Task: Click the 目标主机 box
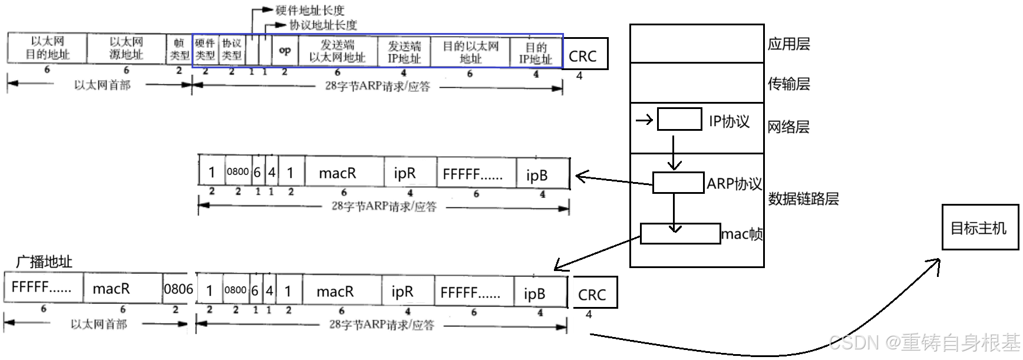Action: pyautogui.click(x=980, y=227)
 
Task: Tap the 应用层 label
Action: pyautogui.click(x=788, y=44)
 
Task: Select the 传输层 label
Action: pyautogui.click(x=788, y=84)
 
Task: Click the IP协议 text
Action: pyautogui.click(x=729, y=121)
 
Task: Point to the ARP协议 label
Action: pyautogui.click(x=734, y=184)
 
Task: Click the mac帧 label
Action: pyautogui.click(x=742, y=235)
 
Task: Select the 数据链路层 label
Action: pyautogui.click(x=803, y=199)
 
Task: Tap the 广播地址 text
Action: pyautogui.click(x=44, y=262)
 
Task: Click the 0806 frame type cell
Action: pyautogui.click(x=178, y=289)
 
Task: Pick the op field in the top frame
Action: pyautogui.click(x=285, y=51)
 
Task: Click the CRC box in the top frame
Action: pyautogui.click(x=583, y=55)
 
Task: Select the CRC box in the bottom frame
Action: pyautogui.click(x=593, y=293)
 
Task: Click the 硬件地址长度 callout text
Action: pyautogui.click(x=310, y=10)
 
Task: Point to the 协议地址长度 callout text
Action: pyautogui.click(x=323, y=25)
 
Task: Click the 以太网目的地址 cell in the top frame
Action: pyautogui.click(x=47, y=48)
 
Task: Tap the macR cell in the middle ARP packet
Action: pyautogui.click(x=338, y=173)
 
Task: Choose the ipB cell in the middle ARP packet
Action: pyautogui.click(x=536, y=175)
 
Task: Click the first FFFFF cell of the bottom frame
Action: pyautogui.click(x=42, y=288)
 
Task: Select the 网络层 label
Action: pyautogui.click(x=788, y=127)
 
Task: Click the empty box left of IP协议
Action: pyautogui.click(x=679, y=120)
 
